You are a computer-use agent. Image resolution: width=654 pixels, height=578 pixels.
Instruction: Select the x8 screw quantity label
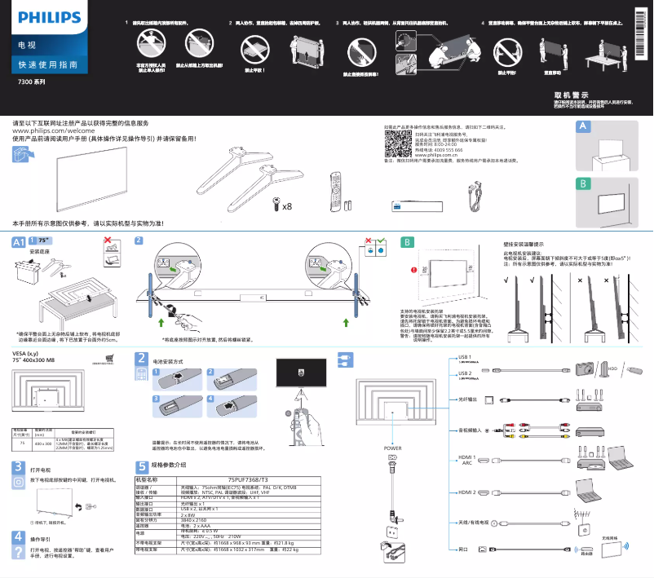click(x=286, y=206)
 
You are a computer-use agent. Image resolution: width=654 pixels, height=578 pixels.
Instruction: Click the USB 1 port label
click(x=465, y=357)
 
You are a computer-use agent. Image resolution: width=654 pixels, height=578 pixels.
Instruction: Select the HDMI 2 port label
click(x=466, y=493)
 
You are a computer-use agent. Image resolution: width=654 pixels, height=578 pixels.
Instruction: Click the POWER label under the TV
click(x=392, y=448)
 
